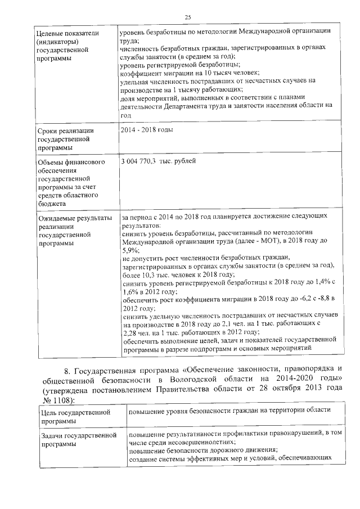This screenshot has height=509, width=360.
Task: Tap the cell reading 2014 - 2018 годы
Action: [147, 130]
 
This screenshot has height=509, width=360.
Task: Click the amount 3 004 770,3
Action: [141, 161]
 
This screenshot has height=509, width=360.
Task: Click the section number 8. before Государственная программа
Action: [68, 369]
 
